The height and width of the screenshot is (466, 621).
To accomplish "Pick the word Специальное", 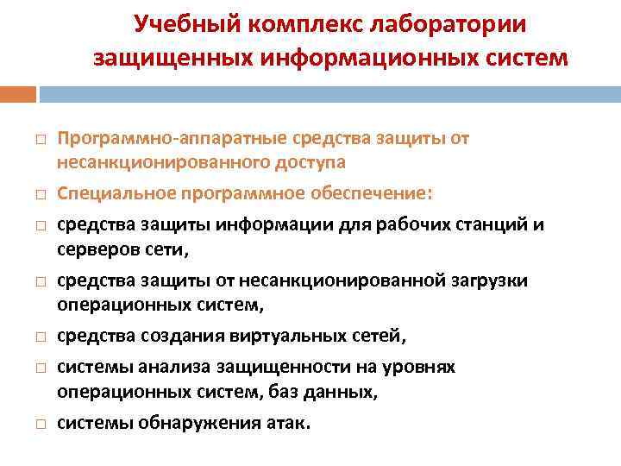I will pos(110,193).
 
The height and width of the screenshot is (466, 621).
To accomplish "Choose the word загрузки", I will pos(489,281).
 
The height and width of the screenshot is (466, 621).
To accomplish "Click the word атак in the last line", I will pos(290,423).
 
